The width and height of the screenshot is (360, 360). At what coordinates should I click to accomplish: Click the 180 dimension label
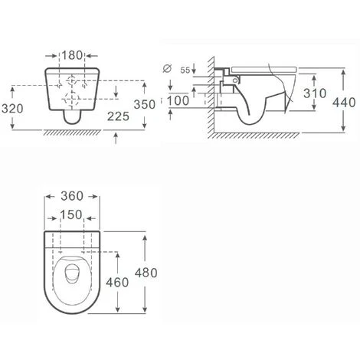72,55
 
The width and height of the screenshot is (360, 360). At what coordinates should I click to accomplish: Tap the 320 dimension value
12,109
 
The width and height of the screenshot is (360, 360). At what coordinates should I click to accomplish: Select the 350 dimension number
145,104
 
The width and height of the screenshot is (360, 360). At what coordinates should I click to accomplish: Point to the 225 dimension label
118,116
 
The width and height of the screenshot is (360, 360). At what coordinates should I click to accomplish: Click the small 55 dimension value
185,70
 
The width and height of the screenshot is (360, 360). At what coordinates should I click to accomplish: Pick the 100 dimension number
178,100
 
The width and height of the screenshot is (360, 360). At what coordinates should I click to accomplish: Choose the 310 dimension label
315,93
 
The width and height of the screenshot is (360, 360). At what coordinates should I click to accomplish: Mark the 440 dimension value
344,103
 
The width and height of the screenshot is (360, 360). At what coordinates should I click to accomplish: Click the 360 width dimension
72,196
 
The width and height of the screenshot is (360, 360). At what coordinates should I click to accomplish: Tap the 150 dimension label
71,214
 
